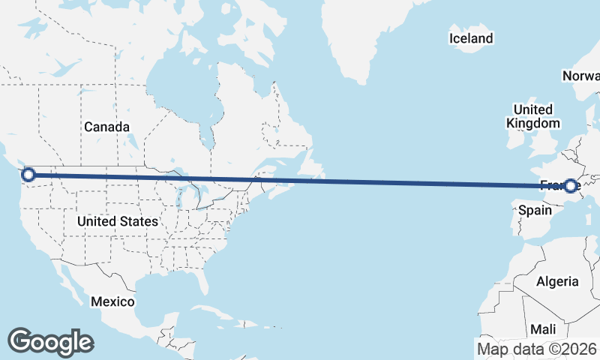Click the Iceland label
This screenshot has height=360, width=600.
point(471,38)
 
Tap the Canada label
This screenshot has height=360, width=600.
point(106,127)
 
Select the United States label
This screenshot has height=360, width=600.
point(118,221)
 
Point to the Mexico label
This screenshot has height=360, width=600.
point(112,301)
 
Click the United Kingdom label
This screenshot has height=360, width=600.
point(532,116)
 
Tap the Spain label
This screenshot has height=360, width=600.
point(535,211)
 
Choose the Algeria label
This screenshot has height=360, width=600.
point(557,281)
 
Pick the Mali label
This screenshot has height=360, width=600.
point(543,329)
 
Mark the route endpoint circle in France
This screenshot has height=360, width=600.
point(571,185)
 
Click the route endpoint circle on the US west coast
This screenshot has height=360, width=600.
point(28,175)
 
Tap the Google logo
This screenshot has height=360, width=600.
point(50,342)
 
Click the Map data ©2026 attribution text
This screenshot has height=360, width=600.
point(536,349)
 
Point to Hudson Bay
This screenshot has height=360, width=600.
point(180,82)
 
